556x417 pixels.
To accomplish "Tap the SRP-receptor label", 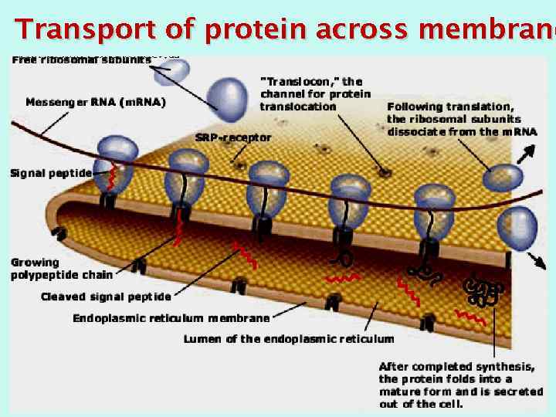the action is click(x=233, y=138).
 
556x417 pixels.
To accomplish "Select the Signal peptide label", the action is click(x=50, y=173).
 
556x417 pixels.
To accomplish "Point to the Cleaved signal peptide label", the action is click(x=106, y=297).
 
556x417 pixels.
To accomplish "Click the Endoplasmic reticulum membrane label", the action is click(x=171, y=318).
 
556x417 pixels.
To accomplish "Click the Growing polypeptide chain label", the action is click(x=62, y=268).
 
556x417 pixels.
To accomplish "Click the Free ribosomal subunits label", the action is click(x=81, y=60).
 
